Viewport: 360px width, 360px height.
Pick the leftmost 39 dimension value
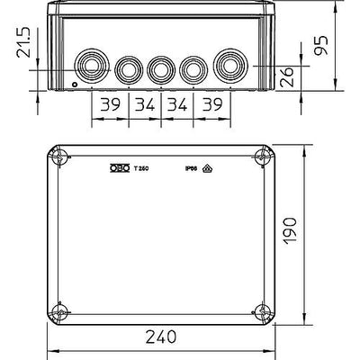tap(110, 106)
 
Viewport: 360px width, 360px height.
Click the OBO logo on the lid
tap(117, 167)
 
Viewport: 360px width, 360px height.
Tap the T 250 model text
tap(140, 167)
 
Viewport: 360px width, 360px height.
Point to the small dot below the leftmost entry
tap(75, 87)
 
